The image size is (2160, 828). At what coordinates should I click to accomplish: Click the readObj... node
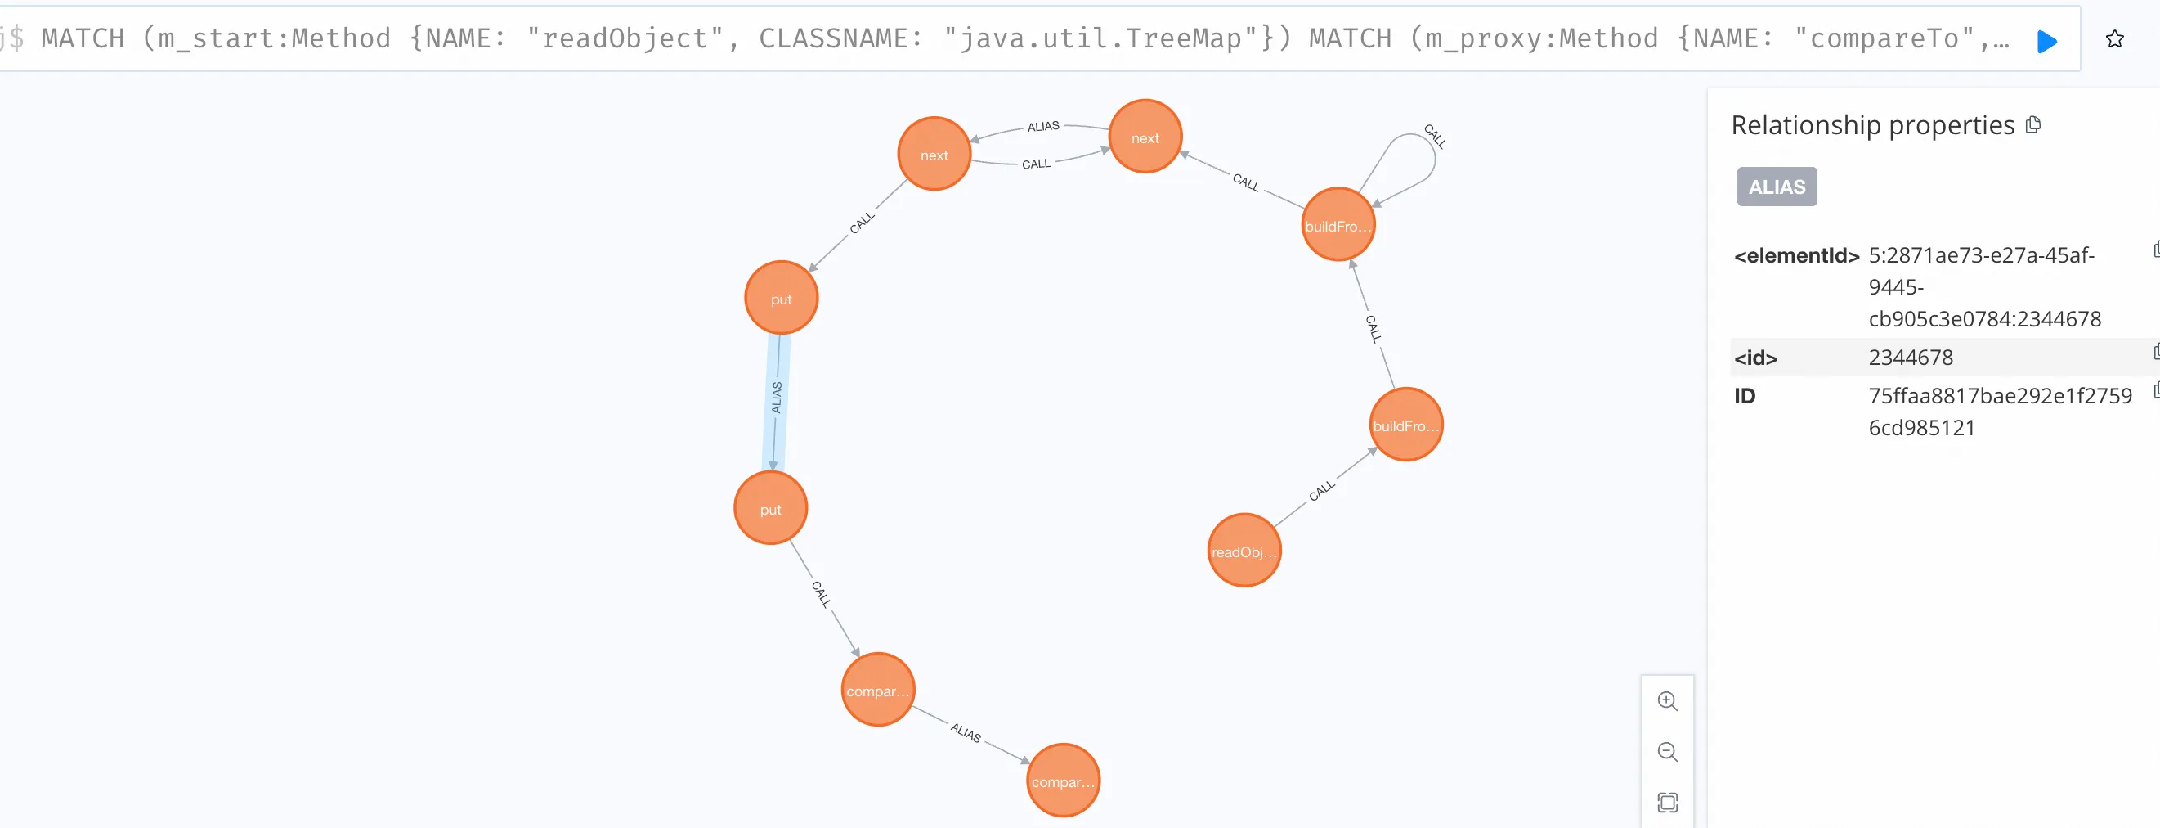(x=1244, y=551)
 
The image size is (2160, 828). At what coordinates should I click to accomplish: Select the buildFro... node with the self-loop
(x=1338, y=224)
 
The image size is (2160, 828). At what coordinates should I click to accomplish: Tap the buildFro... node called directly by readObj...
(x=1405, y=425)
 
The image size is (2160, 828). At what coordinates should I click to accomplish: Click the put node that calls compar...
(x=770, y=508)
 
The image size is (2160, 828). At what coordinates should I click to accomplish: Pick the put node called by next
(x=781, y=298)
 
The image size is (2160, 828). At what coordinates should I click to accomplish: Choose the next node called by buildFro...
(x=1145, y=137)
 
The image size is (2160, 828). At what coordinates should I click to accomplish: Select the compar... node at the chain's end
(x=1062, y=781)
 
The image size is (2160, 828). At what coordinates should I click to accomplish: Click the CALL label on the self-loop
(x=1434, y=136)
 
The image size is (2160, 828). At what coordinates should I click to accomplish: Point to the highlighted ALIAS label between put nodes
(x=777, y=397)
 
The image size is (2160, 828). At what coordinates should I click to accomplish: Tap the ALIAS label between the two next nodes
(x=1043, y=127)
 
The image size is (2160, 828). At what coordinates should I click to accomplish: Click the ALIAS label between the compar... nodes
(x=965, y=732)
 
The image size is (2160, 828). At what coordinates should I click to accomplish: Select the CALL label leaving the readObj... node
(x=1321, y=491)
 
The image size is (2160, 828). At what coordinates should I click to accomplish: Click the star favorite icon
(x=2114, y=39)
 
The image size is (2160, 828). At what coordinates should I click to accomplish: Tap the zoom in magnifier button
(x=1667, y=701)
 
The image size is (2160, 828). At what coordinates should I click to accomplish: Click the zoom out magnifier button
(x=1667, y=752)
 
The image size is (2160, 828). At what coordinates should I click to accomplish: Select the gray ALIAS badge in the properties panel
(x=1776, y=187)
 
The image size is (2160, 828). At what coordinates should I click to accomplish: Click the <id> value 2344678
(x=1910, y=358)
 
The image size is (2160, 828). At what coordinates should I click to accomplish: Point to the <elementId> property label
(x=1796, y=256)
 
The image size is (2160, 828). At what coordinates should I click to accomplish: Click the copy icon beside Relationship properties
(x=2032, y=125)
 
